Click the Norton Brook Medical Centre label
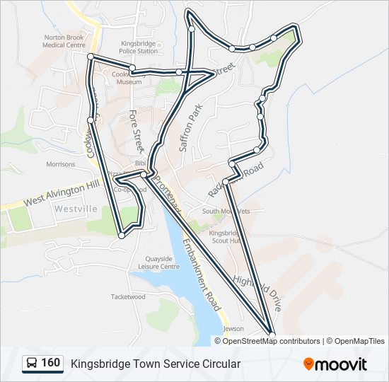64,40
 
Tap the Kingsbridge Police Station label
138,47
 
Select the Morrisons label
60,164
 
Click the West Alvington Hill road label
62,192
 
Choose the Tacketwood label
128,297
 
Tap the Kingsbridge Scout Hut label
226,236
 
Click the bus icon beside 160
32,364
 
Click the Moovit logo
335,364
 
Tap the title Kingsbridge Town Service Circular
156,364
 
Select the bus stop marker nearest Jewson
272,334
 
